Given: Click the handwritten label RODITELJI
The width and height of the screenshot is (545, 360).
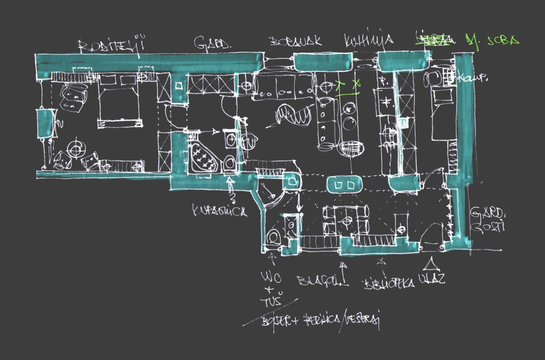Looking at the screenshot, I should pyautogui.click(x=112, y=45).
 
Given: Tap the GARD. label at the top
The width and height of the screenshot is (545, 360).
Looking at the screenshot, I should pyautogui.click(x=212, y=43).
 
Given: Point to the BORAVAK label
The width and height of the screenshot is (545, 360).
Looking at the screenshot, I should pyautogui.click(x=296, y=41).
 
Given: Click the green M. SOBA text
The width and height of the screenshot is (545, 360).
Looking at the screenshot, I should pyautogui.click(x=492, y=41).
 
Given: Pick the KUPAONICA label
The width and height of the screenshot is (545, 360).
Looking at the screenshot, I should pyautogui.click(x=220, y=211).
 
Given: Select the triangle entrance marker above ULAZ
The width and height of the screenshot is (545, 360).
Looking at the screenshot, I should pyautogui.click(x=428, y=264).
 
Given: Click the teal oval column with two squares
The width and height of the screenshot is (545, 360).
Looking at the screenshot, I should pyautogui.click(x=343, y=184).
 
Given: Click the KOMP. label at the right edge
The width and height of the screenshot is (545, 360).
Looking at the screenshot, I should pyautogui.click(x=467, y=78).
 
